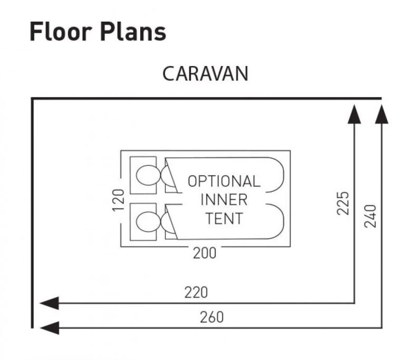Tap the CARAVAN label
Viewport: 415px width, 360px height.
click(x=205, y=73)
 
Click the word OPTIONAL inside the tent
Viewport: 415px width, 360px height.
click(x=224, y=181)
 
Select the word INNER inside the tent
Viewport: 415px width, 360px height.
click(x=224, y=200)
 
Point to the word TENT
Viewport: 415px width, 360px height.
click(x=224, y=218)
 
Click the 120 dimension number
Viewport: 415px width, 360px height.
click(x=118, y=200)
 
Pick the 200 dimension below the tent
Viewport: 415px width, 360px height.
click(x=204, y=253)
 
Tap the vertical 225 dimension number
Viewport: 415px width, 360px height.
click(x=343, y=203)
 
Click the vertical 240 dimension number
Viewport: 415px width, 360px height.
click(x=370, y=215)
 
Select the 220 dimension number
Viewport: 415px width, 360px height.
click(x=196, y=292)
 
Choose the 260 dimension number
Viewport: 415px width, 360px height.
click(x=211, y=317)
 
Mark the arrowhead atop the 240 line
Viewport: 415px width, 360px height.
click(x=381, y=113)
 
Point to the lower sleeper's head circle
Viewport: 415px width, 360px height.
click(x=146, y=221)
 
